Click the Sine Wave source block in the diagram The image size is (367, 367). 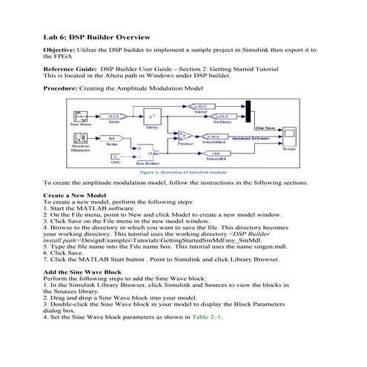[81, 117]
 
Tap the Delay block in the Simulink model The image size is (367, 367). [152, 117]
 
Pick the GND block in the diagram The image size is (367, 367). [115, 157]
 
